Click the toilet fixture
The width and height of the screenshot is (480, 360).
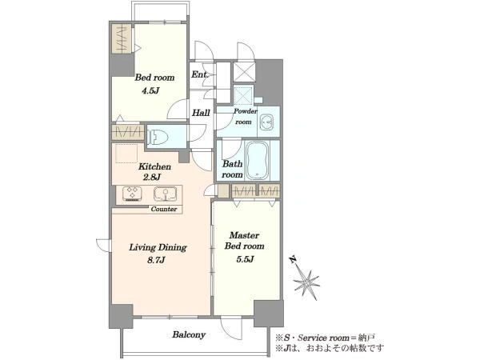(x=158, y=137)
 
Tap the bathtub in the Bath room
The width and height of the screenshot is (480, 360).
(x=257, y=161)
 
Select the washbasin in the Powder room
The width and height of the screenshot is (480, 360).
(x=266, y=122)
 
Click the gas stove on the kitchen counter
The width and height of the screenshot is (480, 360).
(x=132, y=194)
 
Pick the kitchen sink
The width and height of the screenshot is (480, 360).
(x=165, y=194)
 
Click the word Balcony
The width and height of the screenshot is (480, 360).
(x=189, y=334)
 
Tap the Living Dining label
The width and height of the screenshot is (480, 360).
(x=158, y=247)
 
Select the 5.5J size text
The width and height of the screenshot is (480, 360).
(x=245, y=259)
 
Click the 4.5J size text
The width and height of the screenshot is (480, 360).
(x=150, y=91)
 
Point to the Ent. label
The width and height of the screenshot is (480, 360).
(x=200, y=74)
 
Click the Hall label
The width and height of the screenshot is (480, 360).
(x=201, y=113)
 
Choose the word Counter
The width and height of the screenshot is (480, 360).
(x=164, y=209)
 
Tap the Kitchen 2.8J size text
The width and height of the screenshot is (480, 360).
(x=152, y=177)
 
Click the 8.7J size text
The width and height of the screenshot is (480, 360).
(x=156, y=260)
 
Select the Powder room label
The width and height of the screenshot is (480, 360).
(x=246, y=116)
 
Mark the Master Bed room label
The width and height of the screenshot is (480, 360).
(x=244, y=241)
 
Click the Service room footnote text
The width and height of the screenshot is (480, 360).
(x=325, y=338)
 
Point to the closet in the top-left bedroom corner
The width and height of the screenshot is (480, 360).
(x=122, y=39)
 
